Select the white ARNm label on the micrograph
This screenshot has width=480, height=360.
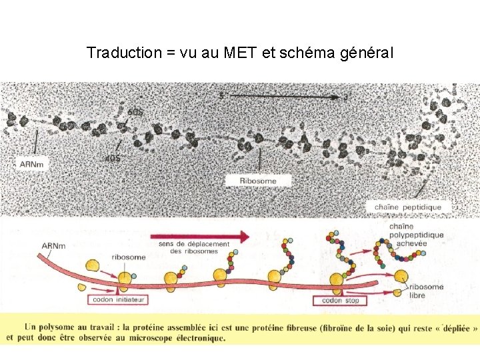click(31, 164)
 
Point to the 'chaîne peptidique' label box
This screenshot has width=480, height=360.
click(407, 207)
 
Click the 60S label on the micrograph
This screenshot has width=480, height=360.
click(134, 113)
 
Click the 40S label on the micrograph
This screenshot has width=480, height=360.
click(113, 157)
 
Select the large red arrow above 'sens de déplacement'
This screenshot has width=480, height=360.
click(200, 236)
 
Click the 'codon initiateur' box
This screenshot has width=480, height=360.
click(116, 300)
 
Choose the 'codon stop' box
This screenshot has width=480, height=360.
click(340, 301)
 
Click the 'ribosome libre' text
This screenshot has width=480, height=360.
click(426, 291)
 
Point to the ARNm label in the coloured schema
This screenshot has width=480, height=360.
click(53, 246)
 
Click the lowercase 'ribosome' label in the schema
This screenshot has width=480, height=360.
click(129, 257)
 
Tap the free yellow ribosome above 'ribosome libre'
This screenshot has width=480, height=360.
click(402, 277)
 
